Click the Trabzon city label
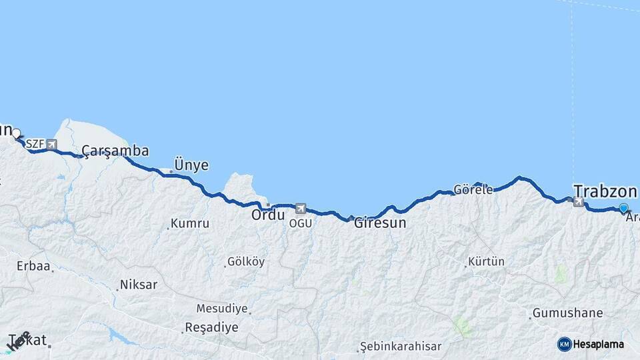(605, 189)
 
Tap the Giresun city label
(379, 223)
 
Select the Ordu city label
(268, 215)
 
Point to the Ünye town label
(191, 165)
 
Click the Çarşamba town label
(115, 151)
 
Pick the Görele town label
(473, 189)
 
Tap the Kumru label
(190, 223)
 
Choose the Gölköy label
(246, 262)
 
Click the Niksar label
(139, 285)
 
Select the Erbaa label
(34, 266)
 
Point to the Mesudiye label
(222, 309)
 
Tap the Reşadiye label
(211, 327)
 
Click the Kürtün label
(486, 261)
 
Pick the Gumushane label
(567, 313)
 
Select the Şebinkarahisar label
(400, 347)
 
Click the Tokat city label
(28, 340)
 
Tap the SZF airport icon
(51, 144)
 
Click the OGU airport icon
(301, 209)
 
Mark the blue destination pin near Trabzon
(623, 208)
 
